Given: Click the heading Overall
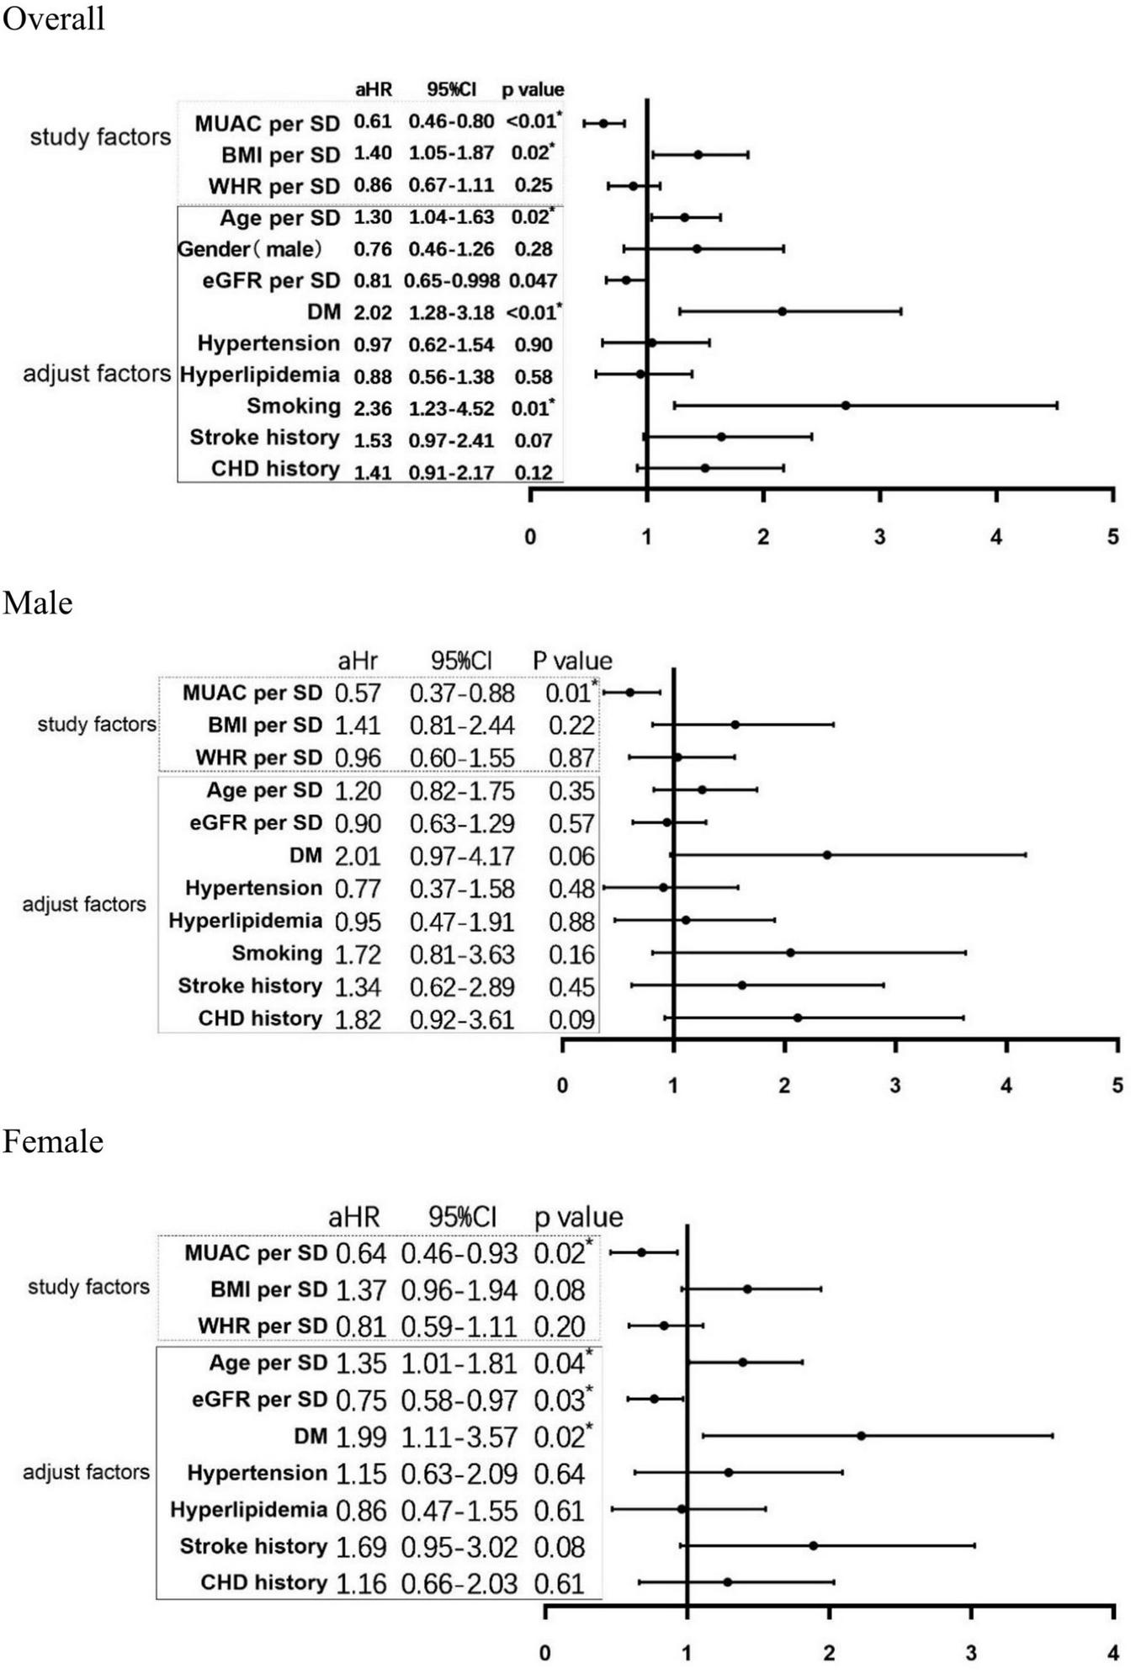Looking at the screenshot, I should point(53,18).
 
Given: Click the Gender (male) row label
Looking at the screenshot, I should point(250,249).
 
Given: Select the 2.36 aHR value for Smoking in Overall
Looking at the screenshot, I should point(372,408).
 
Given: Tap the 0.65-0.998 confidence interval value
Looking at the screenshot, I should point(451,281).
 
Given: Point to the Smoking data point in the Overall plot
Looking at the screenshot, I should point(846,406).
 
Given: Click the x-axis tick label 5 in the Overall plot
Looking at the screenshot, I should point(1112,537).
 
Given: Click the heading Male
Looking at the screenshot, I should point(38,603).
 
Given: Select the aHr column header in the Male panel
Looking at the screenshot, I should point(357,661).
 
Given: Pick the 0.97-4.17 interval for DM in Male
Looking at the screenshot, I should point(461,857).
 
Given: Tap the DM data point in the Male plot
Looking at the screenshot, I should point(827,855).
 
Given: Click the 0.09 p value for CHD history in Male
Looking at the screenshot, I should point(571,1020).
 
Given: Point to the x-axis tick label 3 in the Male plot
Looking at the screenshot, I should point(895,1086).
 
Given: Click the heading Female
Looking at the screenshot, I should point(53,1142).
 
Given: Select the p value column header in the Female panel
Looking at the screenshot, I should point(578,1217).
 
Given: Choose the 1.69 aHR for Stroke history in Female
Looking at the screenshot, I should point(360,1547).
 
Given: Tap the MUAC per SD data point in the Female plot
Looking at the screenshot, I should point(642,1252).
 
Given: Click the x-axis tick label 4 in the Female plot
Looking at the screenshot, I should point(1112,1653).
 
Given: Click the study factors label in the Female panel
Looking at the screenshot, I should point(88,1287).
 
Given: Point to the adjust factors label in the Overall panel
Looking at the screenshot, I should point(97,374).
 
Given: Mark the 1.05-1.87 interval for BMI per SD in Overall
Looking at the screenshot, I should point(451,153).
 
